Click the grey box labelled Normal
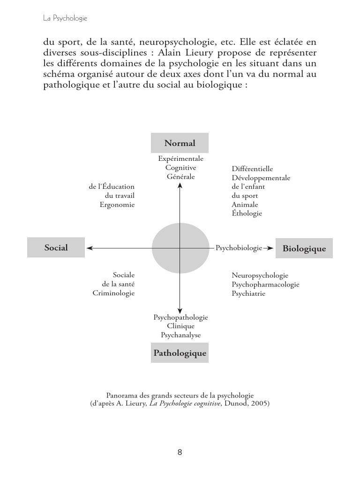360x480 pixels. tap(180, 143)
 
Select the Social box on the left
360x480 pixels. tap(56, 247)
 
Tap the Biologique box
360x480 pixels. tap(304, 248)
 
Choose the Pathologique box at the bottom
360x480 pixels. tap(180, 353)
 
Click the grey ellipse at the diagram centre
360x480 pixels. tap(180, 248)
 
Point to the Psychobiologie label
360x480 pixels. tap(239, 248)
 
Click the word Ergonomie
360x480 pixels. tap(117, 204)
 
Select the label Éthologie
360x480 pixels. tap(247, 213)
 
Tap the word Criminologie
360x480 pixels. tap(113, 293)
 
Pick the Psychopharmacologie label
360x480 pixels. tap(265, 285)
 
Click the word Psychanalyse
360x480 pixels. tap(180, 335)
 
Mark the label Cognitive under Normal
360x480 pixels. tap(180, 168)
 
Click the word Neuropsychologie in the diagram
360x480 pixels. tap(260, 276)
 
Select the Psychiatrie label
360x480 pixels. tap(248, 293)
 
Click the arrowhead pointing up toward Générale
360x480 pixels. tap(180, 185)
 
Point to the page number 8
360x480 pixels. tap(180, 452)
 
